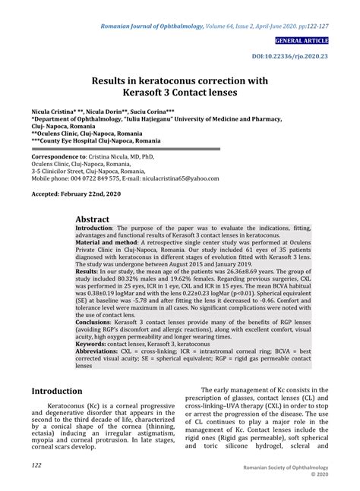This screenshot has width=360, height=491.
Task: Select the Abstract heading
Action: point(97,219)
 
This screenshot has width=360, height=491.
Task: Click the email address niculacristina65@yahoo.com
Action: point(180,178)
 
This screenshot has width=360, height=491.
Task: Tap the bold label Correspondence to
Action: point(58,155)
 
